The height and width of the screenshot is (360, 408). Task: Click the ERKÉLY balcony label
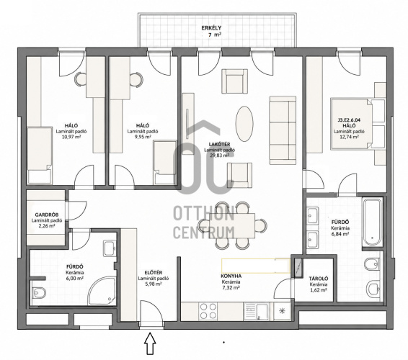[211, 27]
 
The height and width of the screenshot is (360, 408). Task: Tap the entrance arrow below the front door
[150, 343]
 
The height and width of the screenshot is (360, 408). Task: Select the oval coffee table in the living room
[244, 124]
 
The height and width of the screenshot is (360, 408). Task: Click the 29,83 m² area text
[220, 156]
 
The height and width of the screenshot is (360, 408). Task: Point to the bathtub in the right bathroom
[373, 222]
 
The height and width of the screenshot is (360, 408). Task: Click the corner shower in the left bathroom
[102, 291]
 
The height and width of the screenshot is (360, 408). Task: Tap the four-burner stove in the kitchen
[208, 311]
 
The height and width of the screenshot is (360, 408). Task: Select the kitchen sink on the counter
[257, 311]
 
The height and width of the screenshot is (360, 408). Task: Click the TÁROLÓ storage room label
[318, 279]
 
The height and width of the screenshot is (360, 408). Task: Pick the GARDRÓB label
[47, 215]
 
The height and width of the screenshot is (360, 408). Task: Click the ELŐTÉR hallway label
[154, 273]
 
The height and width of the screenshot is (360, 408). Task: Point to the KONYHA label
[231, 276]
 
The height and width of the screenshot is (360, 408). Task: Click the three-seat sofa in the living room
[283, 130]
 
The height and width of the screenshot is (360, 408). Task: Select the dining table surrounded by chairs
[232, 225]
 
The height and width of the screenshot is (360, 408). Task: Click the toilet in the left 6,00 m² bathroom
[39, 292]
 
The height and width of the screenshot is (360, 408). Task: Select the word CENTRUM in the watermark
[204, 233]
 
